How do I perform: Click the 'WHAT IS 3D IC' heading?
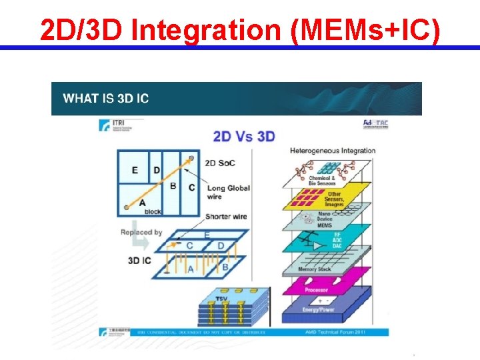coord(105,99)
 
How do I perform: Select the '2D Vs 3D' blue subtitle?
coord(244,137)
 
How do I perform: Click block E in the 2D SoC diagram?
coord(135,170)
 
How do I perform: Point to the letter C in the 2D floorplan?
coord(192,187)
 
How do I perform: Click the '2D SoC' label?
coord(219,163)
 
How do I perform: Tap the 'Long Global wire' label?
coord(229,192)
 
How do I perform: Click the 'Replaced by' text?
coord(141,232)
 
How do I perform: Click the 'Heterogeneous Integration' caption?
coord(333,151)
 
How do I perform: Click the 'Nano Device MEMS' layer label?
coord(306,219)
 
